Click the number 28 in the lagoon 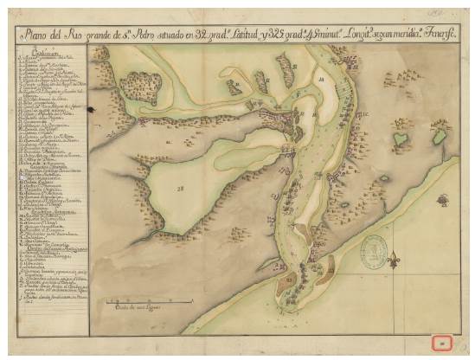(x=181, y=188)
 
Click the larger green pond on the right (x=403, y=138)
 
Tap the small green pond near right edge (x=440, y=137)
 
